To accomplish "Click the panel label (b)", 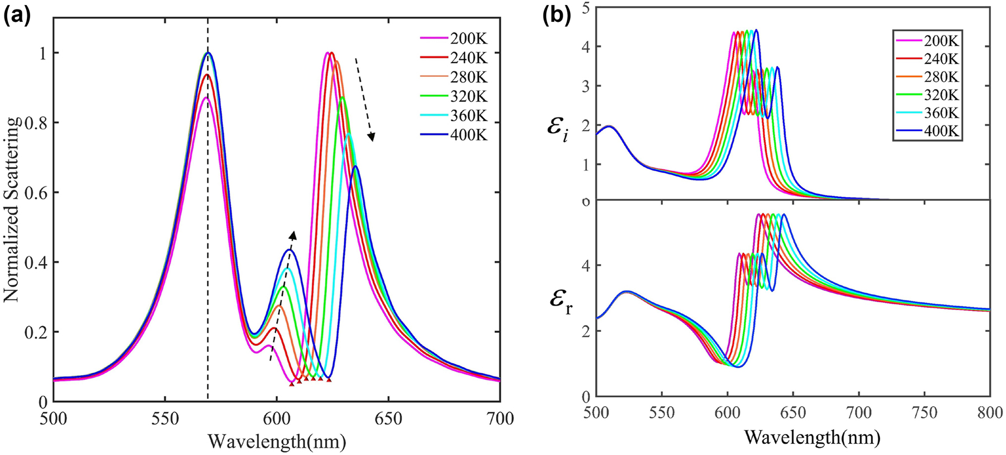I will (x=557, y=16).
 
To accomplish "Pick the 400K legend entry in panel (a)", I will (x=468, y=135).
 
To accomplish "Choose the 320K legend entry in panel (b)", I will (x=942, y=95).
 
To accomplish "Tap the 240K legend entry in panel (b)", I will (x=942, y=59).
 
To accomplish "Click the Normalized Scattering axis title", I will (x=12, y=210).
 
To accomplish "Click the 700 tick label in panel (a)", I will (x=500, y=419).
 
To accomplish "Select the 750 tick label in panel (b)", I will (x=924, y=412).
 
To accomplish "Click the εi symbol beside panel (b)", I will (x=558, y=129).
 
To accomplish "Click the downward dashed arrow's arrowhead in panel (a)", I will (x=371, y=137).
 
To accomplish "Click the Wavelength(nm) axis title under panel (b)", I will (x=813, y=437).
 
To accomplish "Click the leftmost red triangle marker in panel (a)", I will (x=291, y=383).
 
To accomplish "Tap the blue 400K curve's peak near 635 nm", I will (x=355, y=166).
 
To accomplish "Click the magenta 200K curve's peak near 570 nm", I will (x=207, y=97).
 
